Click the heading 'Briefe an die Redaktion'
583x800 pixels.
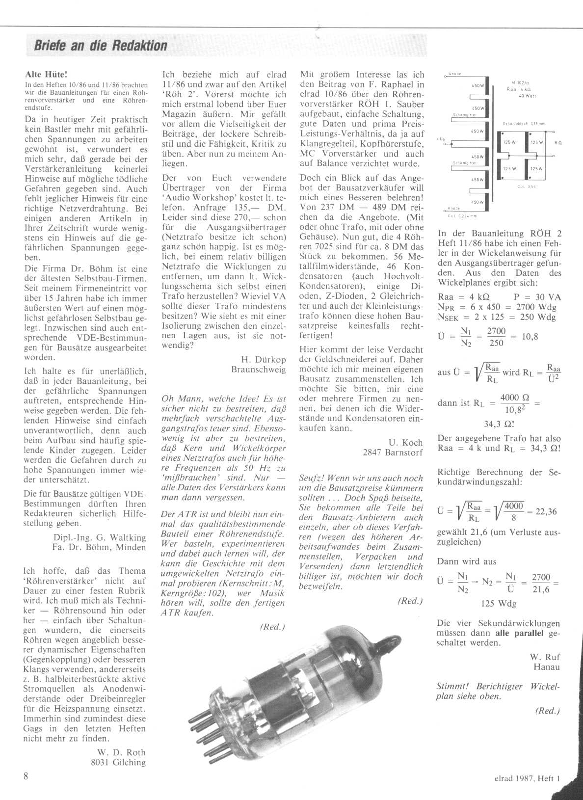101,46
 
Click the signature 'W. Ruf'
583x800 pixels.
545,657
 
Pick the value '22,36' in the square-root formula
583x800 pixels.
547,511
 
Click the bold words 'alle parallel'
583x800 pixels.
519,633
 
